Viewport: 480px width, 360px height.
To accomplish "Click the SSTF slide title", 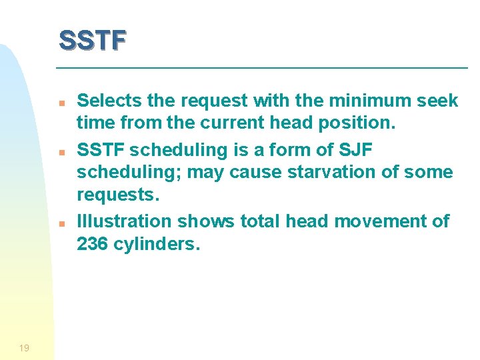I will [x=92, y=40].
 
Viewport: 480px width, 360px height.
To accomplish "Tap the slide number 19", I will [x=25, y=348].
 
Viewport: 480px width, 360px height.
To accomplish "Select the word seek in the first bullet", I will [x=437, y=101].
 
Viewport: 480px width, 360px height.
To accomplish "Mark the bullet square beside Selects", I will [x=61, y=104].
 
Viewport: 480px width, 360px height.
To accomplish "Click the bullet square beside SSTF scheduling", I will [x=61, y=152].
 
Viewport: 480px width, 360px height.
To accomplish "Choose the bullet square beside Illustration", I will [x=61, y=224].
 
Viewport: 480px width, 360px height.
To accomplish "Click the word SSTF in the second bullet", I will [x=101, y=149].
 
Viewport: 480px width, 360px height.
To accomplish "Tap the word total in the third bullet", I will [x=257, y=221].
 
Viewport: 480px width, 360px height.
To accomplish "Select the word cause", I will [x=259, y=172].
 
